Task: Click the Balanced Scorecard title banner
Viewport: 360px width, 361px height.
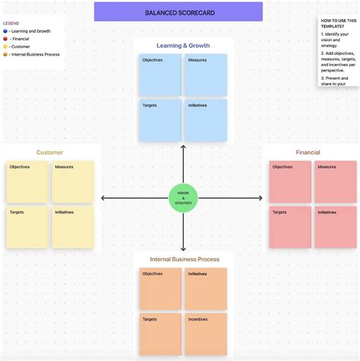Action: click(178, 12)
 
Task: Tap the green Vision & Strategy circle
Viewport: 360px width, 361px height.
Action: click(183, 198)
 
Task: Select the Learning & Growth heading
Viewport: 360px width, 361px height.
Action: click(183, 46)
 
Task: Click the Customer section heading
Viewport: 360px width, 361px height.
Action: click(49, 153)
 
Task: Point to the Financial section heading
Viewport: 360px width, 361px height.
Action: click(308, 153)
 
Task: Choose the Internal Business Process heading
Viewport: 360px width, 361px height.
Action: click(185, 259)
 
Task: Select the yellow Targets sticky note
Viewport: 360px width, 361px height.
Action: click(27, 227)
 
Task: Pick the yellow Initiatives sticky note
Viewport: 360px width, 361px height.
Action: click(73, 227)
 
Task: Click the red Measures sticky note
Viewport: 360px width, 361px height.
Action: click(336, 182)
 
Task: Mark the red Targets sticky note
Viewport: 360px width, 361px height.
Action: click(290, 227)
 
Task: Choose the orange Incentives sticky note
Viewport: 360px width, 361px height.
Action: click(206, 334)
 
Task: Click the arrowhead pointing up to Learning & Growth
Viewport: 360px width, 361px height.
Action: click(183, 147)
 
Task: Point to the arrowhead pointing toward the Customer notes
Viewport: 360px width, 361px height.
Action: click(104, 198)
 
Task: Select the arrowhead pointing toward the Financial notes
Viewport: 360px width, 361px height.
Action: click(263, 198)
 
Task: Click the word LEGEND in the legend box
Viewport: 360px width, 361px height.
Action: click(11, 24)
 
